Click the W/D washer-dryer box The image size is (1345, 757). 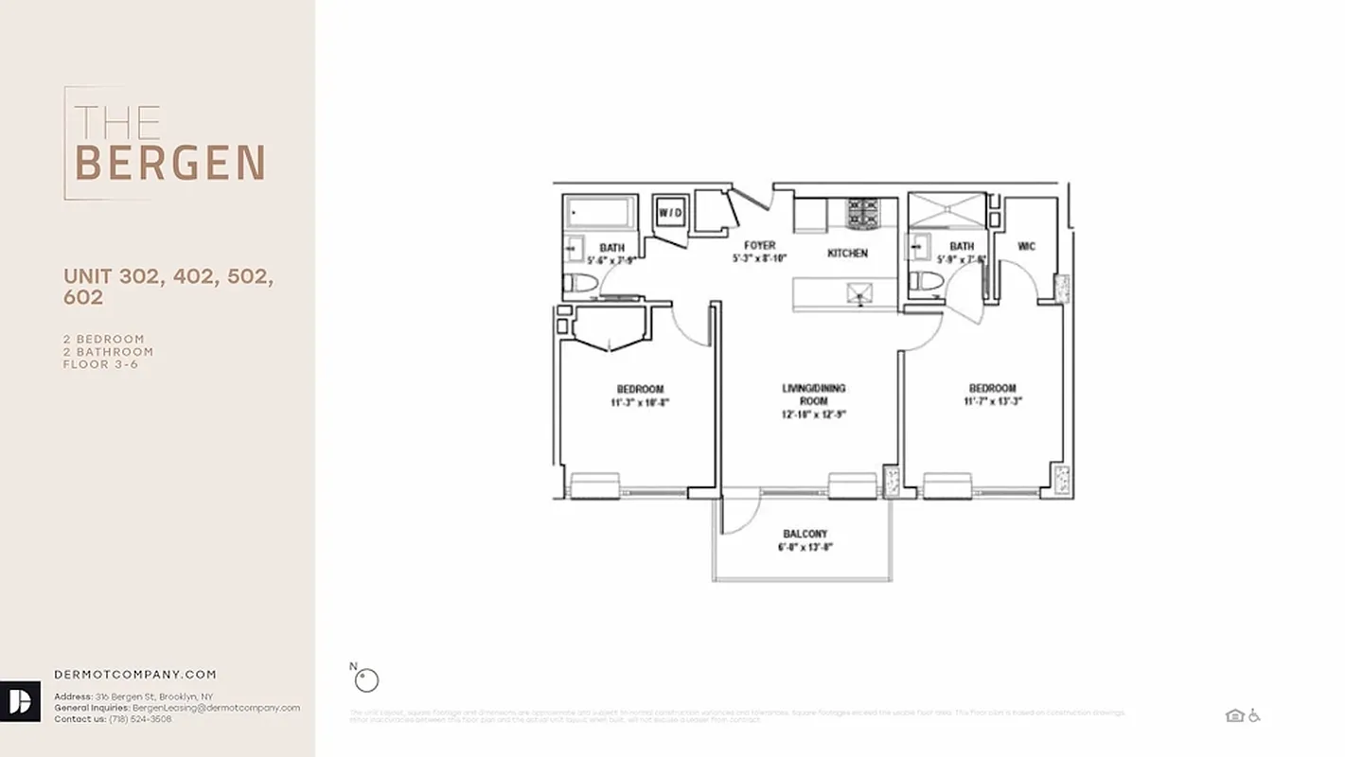(670, 213)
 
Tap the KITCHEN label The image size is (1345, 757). (847, 254)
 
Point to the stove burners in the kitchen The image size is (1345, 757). (862, 214)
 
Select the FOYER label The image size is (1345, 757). (759, 246)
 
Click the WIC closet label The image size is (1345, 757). (1026, 247)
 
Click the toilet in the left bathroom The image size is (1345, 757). (580, 281)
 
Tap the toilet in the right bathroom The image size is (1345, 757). (927, 281)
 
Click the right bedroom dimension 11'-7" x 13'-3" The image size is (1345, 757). (992, 401)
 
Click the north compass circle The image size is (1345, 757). (366, 679)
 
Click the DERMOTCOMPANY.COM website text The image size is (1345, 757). (135, 675)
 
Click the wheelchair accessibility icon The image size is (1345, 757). (1254, 715)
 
